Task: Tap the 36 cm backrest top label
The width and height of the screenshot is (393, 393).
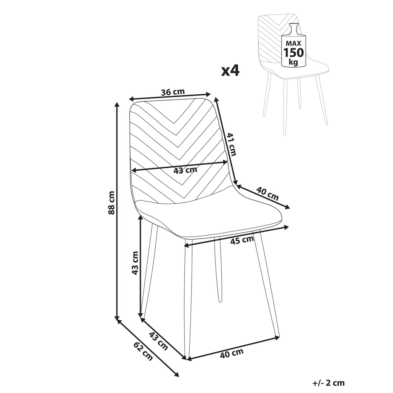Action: click(173, 92)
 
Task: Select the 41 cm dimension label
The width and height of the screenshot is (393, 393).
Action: click(232, 144)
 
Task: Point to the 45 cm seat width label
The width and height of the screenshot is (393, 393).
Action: click(242, 241)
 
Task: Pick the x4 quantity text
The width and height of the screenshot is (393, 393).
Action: click(230, 71)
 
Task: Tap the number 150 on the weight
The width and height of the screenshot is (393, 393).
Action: click(294, 53)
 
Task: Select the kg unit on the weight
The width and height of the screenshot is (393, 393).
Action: click(293, 62)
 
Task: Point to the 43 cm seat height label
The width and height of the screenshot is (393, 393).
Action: click(135, 263)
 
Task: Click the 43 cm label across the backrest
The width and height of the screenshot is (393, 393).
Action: click(185, 170)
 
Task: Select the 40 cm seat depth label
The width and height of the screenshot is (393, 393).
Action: click(267, 194)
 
